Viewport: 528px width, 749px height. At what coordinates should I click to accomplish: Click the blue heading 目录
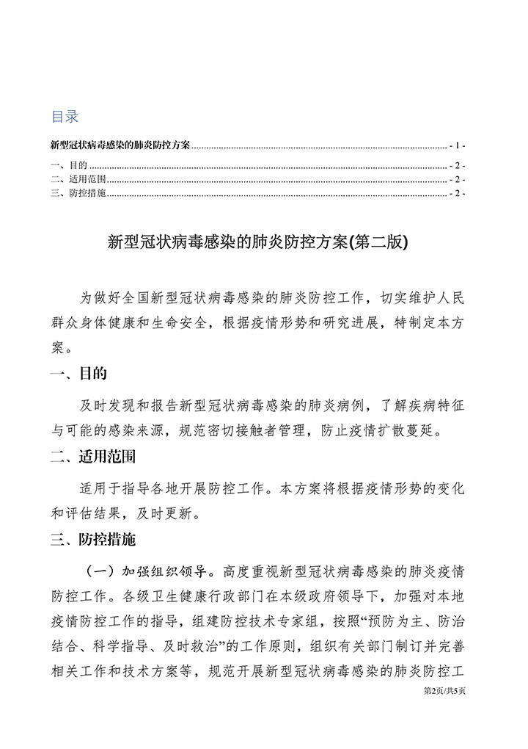pos(65,117)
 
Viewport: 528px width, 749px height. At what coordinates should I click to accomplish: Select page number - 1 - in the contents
pos(459,145)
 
